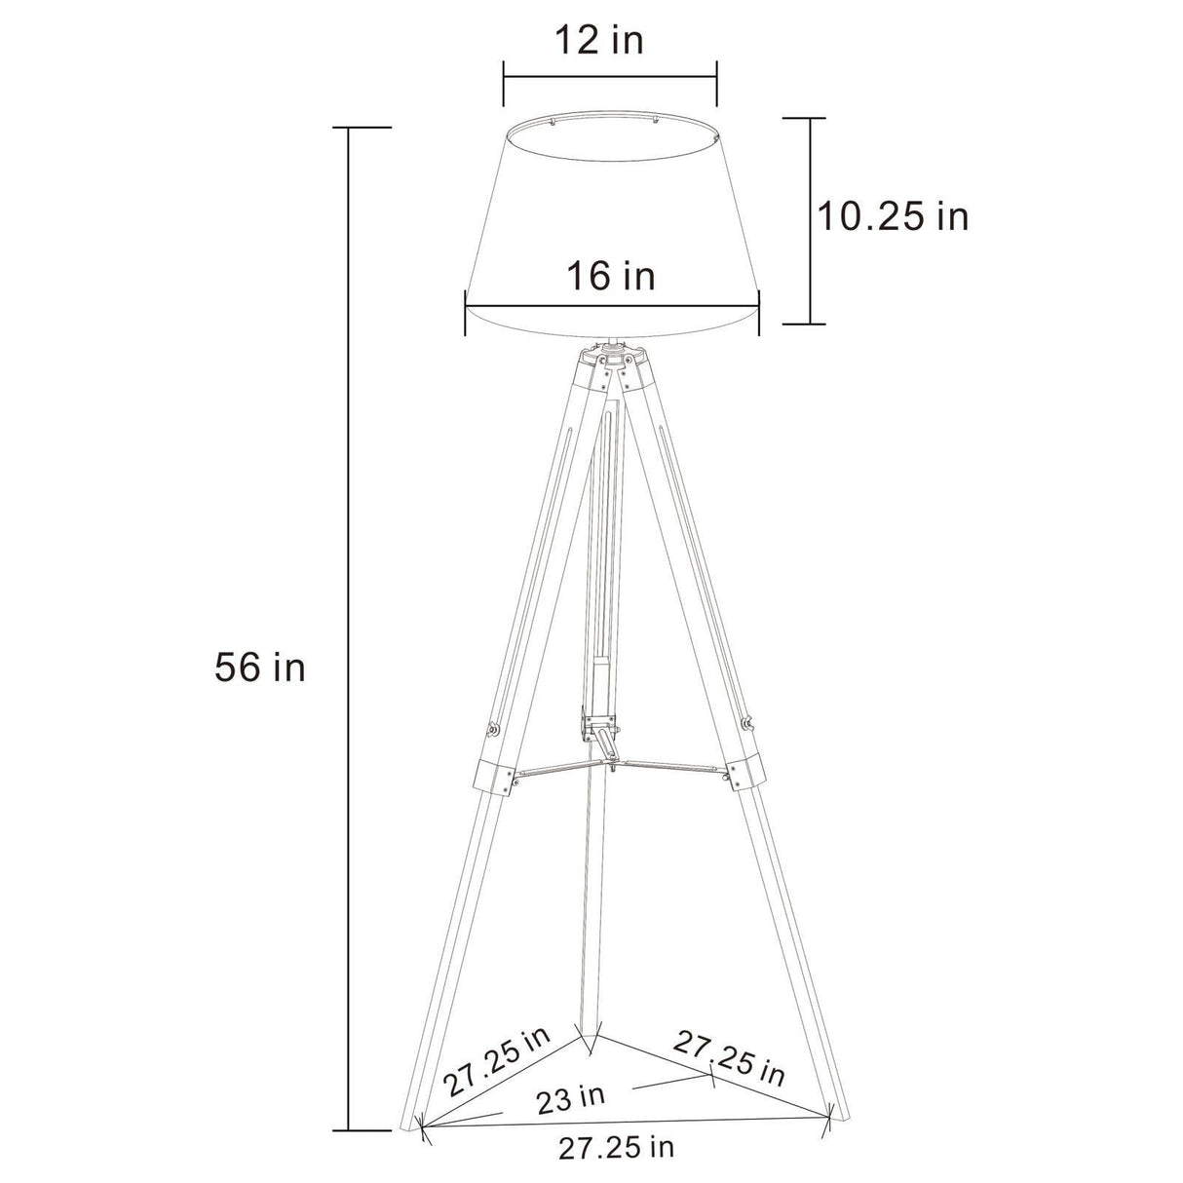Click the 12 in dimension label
coord(599,41)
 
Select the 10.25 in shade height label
coord(892,216)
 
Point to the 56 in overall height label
coord(260,668)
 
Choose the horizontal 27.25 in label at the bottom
coord(616,1148)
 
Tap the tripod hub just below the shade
coord(611,357)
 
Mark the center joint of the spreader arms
coord(610,766)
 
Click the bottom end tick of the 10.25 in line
coord(808,324)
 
